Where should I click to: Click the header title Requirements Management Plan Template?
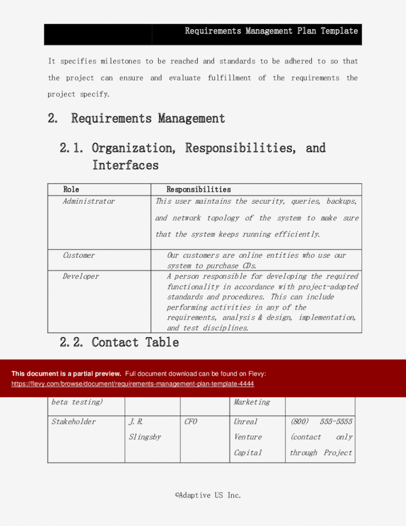click(x=271, y=31)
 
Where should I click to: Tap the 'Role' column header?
click(x=71, y=189)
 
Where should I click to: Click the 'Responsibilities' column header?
click(x=199, y=189)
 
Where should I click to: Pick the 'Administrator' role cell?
click(x=89, y=201)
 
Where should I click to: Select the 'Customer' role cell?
click(x=79, y=255)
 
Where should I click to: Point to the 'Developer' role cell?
click(x=81, y=276)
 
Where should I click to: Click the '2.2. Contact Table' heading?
click(x=119, y=342)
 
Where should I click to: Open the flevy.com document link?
click(x=133, y=383)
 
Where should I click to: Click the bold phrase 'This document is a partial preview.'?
click(x=67, y=374)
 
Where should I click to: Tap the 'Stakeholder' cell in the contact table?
click(x=73, y=422)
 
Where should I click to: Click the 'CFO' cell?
click(x=191, y=422)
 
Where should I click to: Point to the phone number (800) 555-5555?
click(x=321, y=422)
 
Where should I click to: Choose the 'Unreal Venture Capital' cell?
click(x=247, y=437)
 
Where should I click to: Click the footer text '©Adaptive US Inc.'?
click(x=208, y=495)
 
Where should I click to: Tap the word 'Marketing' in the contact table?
click(x=251, y=402)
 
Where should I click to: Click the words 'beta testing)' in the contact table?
click(x=77, y=402)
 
